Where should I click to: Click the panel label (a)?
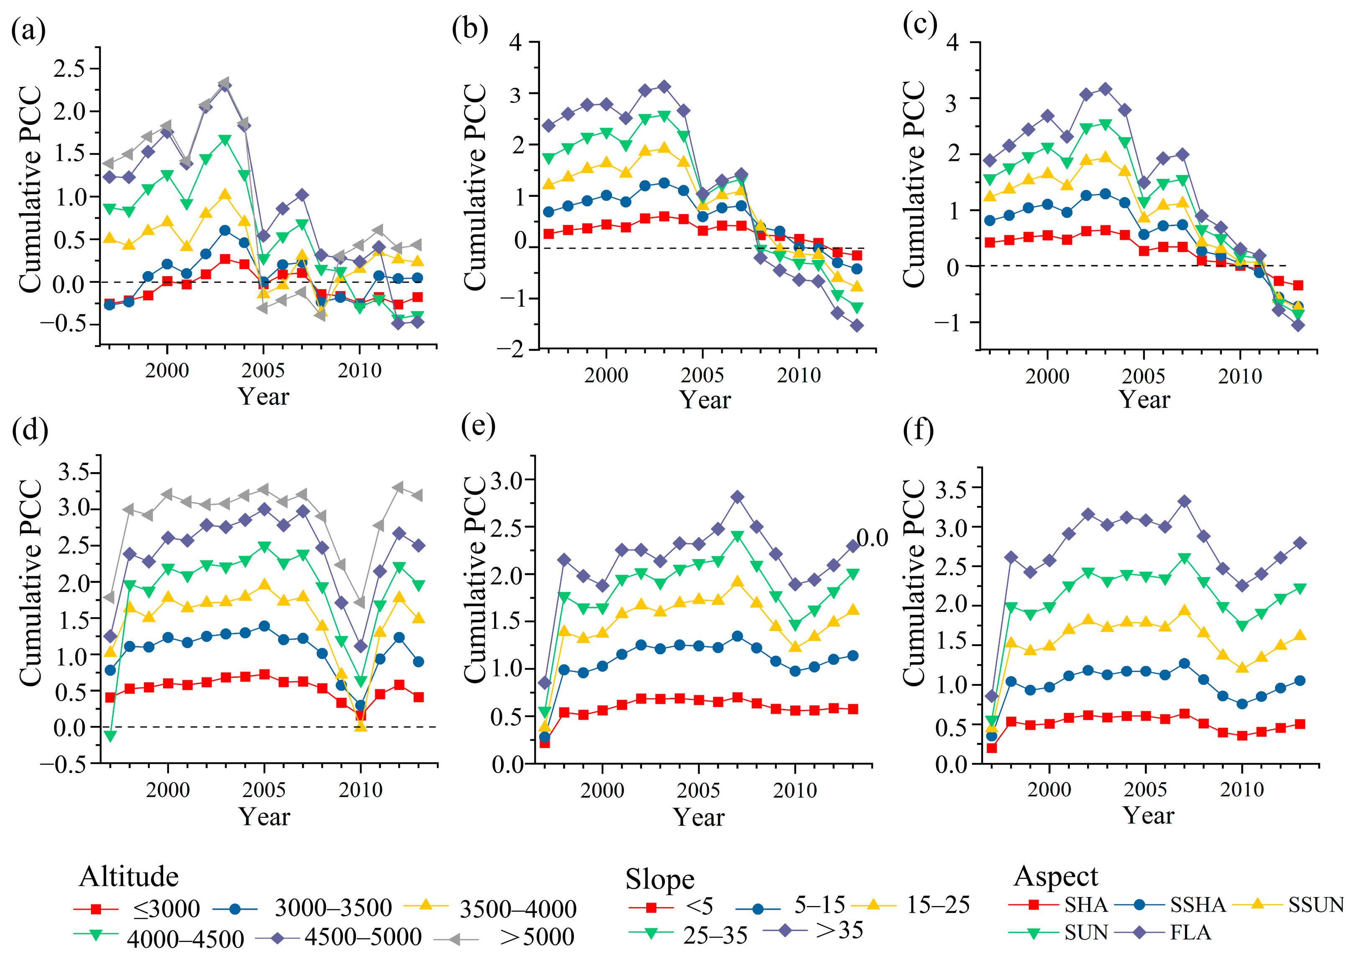coord(28,31)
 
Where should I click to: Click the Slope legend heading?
coord(660,879)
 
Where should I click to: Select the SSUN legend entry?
coord(1316,905)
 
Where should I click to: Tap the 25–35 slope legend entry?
coord(715,935)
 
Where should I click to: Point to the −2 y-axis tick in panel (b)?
coord(512,350)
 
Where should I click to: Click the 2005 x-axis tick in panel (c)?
coord(1143,376)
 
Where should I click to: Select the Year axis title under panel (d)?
coord(264,817)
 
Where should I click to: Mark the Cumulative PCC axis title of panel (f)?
coord(914,582)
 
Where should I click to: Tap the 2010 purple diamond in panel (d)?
coord(361,646)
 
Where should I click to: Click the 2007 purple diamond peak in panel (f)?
coord(1184,501)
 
